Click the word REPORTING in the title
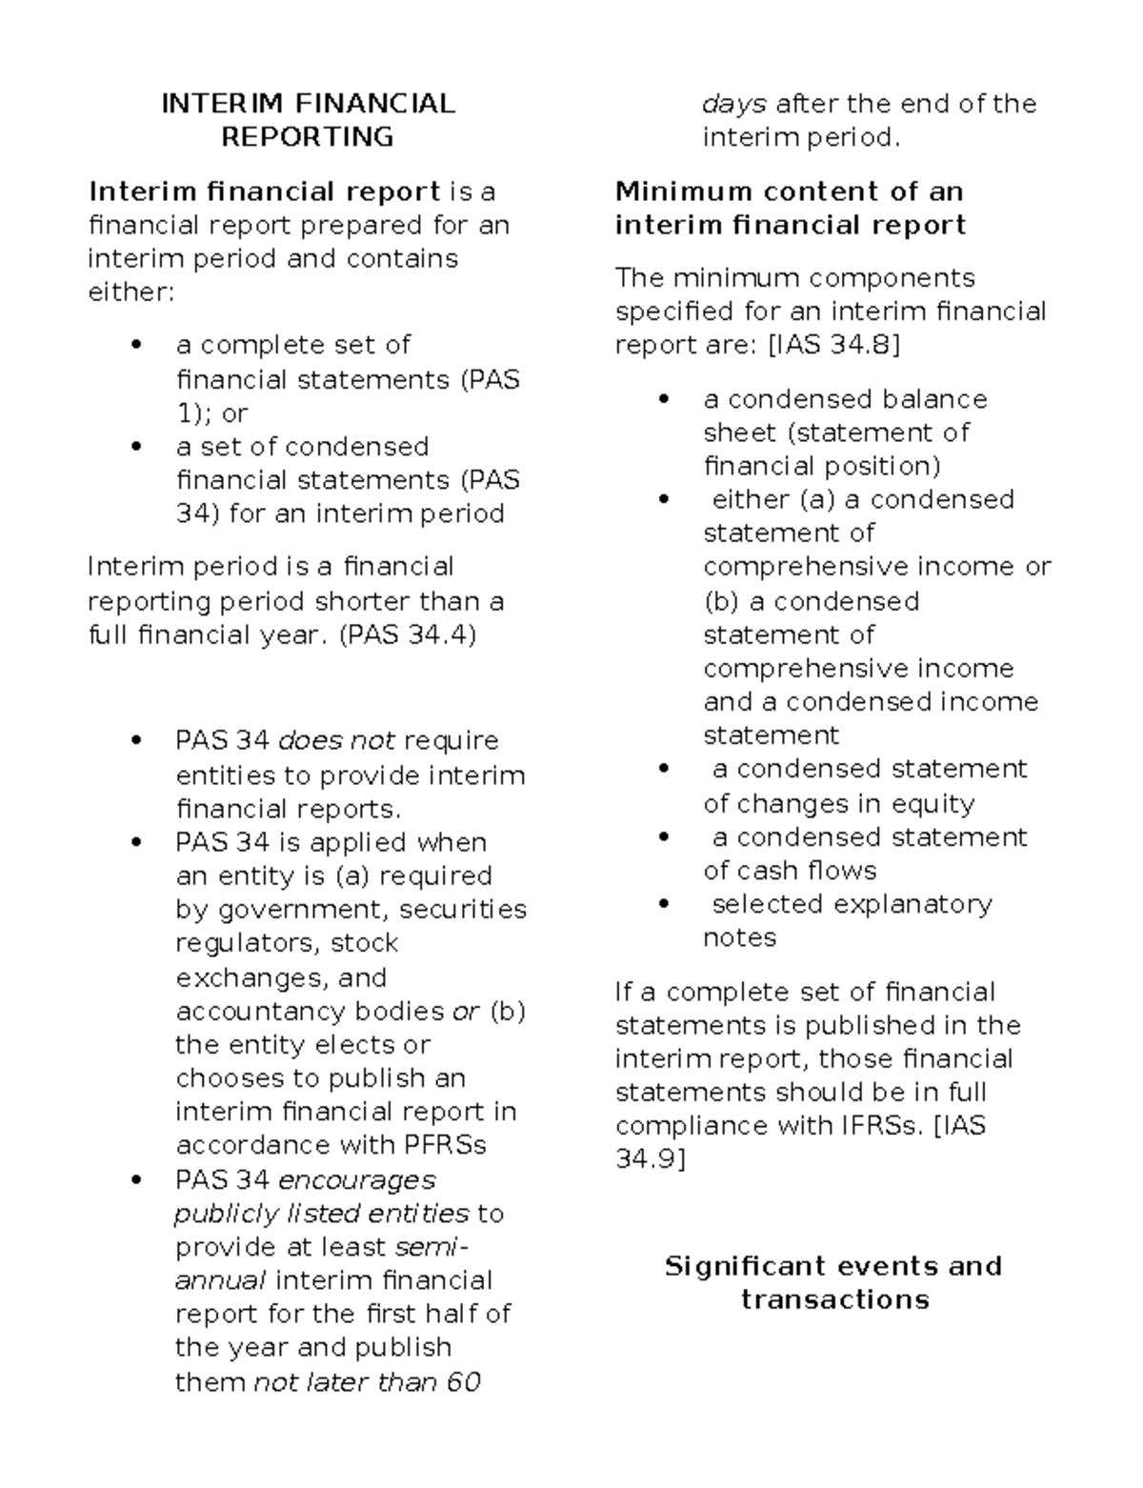pos(307,137)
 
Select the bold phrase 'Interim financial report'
pos(264,191)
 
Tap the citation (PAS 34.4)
pos(407,634)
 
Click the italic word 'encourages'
pos(356,1180)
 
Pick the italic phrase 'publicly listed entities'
pos(321,1214)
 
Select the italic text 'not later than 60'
pos(367,1381)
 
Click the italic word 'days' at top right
pos(734,104)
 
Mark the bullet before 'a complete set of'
pos(139,346)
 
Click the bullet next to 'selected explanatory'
pos(666,905)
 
